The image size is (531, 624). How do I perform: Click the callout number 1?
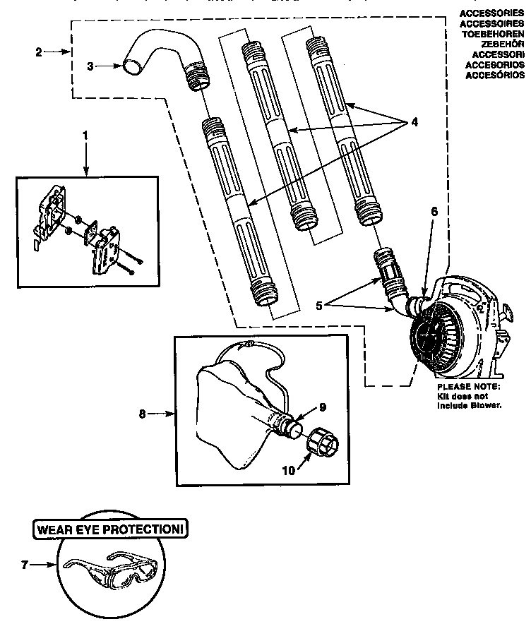click(x=85, y=134)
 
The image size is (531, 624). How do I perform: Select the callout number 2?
click(x=38, y=52)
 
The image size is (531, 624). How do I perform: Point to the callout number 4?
click(x=414, y=121)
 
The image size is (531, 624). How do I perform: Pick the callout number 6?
click(x=434, y=211)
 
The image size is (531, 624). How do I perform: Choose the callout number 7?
click(x=25, y=564)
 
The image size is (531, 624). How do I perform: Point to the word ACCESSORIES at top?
click(x=491, y=13)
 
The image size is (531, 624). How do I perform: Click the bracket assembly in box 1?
click(x=85, y=222)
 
